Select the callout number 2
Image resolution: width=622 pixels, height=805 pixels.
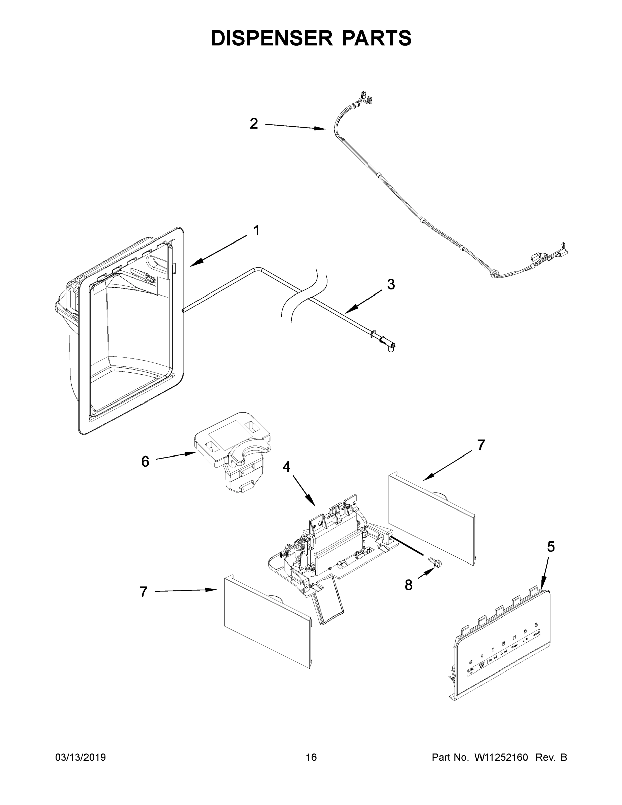pyautogui.click(x=253, y=124)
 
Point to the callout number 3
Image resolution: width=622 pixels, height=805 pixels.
pyautogui.click(x=391, y=284)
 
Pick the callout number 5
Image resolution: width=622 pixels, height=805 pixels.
pyautogui.click(x=550, y=547)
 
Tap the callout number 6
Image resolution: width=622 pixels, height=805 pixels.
pyautogui.click(x=145, y=461)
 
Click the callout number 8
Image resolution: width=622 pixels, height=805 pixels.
pyautogui.click(x=409, y=585)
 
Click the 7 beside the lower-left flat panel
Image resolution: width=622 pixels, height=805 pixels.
pyautogui.click(x=143, y=592)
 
